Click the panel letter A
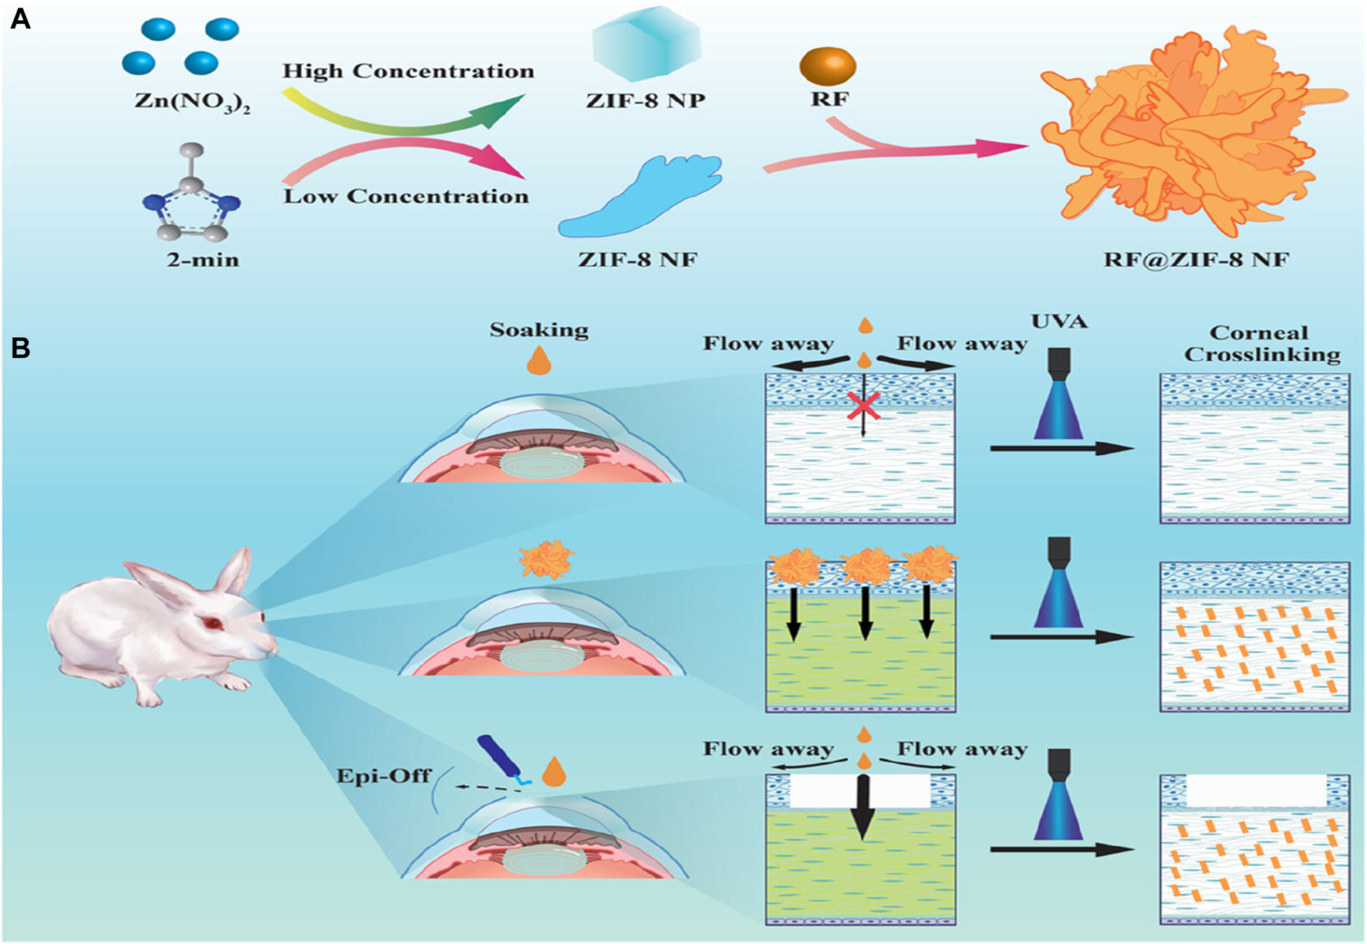click(20, 19)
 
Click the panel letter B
click(20, 349)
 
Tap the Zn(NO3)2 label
click(192, 102)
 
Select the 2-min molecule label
click(203, 260)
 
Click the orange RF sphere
click(828, 66)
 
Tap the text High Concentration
click(408, 72)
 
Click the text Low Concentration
click(407, 197)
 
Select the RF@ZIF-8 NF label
click(1196, 260)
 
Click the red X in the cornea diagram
click(863, 405)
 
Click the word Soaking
click(539, 330)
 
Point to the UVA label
click(1059, 321)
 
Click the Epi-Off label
click(383, 775)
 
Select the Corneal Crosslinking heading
click(1262, 344)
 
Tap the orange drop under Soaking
click(538, 360)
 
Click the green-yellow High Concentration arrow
click(401, 114)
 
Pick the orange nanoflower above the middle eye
click(547, 561)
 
